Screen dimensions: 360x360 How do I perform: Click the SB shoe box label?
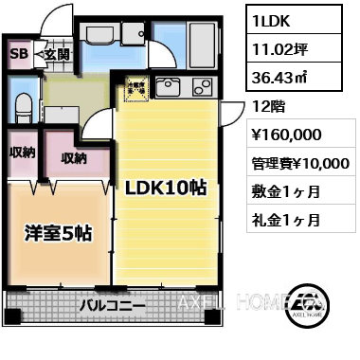pyautogui.click(x=17, y=53)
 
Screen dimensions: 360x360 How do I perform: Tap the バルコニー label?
pyautogui.click(x=112, y=305)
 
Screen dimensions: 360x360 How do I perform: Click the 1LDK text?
pyautogui.click(x=273, y=19)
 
